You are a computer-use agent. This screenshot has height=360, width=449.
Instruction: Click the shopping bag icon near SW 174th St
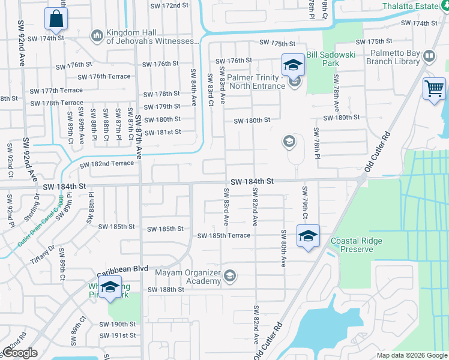pyautogui.click(x=55, y=20)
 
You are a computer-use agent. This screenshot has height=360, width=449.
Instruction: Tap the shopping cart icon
pyautogui.click(x=433, y=89)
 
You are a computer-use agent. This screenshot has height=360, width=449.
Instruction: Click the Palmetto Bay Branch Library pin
pyautogui.click(x=429, y=57)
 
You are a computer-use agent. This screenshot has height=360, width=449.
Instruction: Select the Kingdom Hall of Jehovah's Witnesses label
pyautogui.click(x=152, y=37)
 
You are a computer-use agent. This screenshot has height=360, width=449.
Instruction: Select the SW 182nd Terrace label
pyautogui.click(x=106, y=163)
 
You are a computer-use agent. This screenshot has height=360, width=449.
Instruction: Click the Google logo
pyautogui.click(x=19, y=353)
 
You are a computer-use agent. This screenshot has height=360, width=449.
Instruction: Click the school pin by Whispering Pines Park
pyautogui.click(x=110, y=288)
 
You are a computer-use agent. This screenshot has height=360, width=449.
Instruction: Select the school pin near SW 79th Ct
pyautogui.click(x=308, y=236)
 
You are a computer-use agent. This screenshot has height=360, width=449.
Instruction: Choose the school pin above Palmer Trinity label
pyautogui.click(x=293, y=65)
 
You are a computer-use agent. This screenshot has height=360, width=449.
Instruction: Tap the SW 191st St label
pyautogui.click(x=118, y=335)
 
